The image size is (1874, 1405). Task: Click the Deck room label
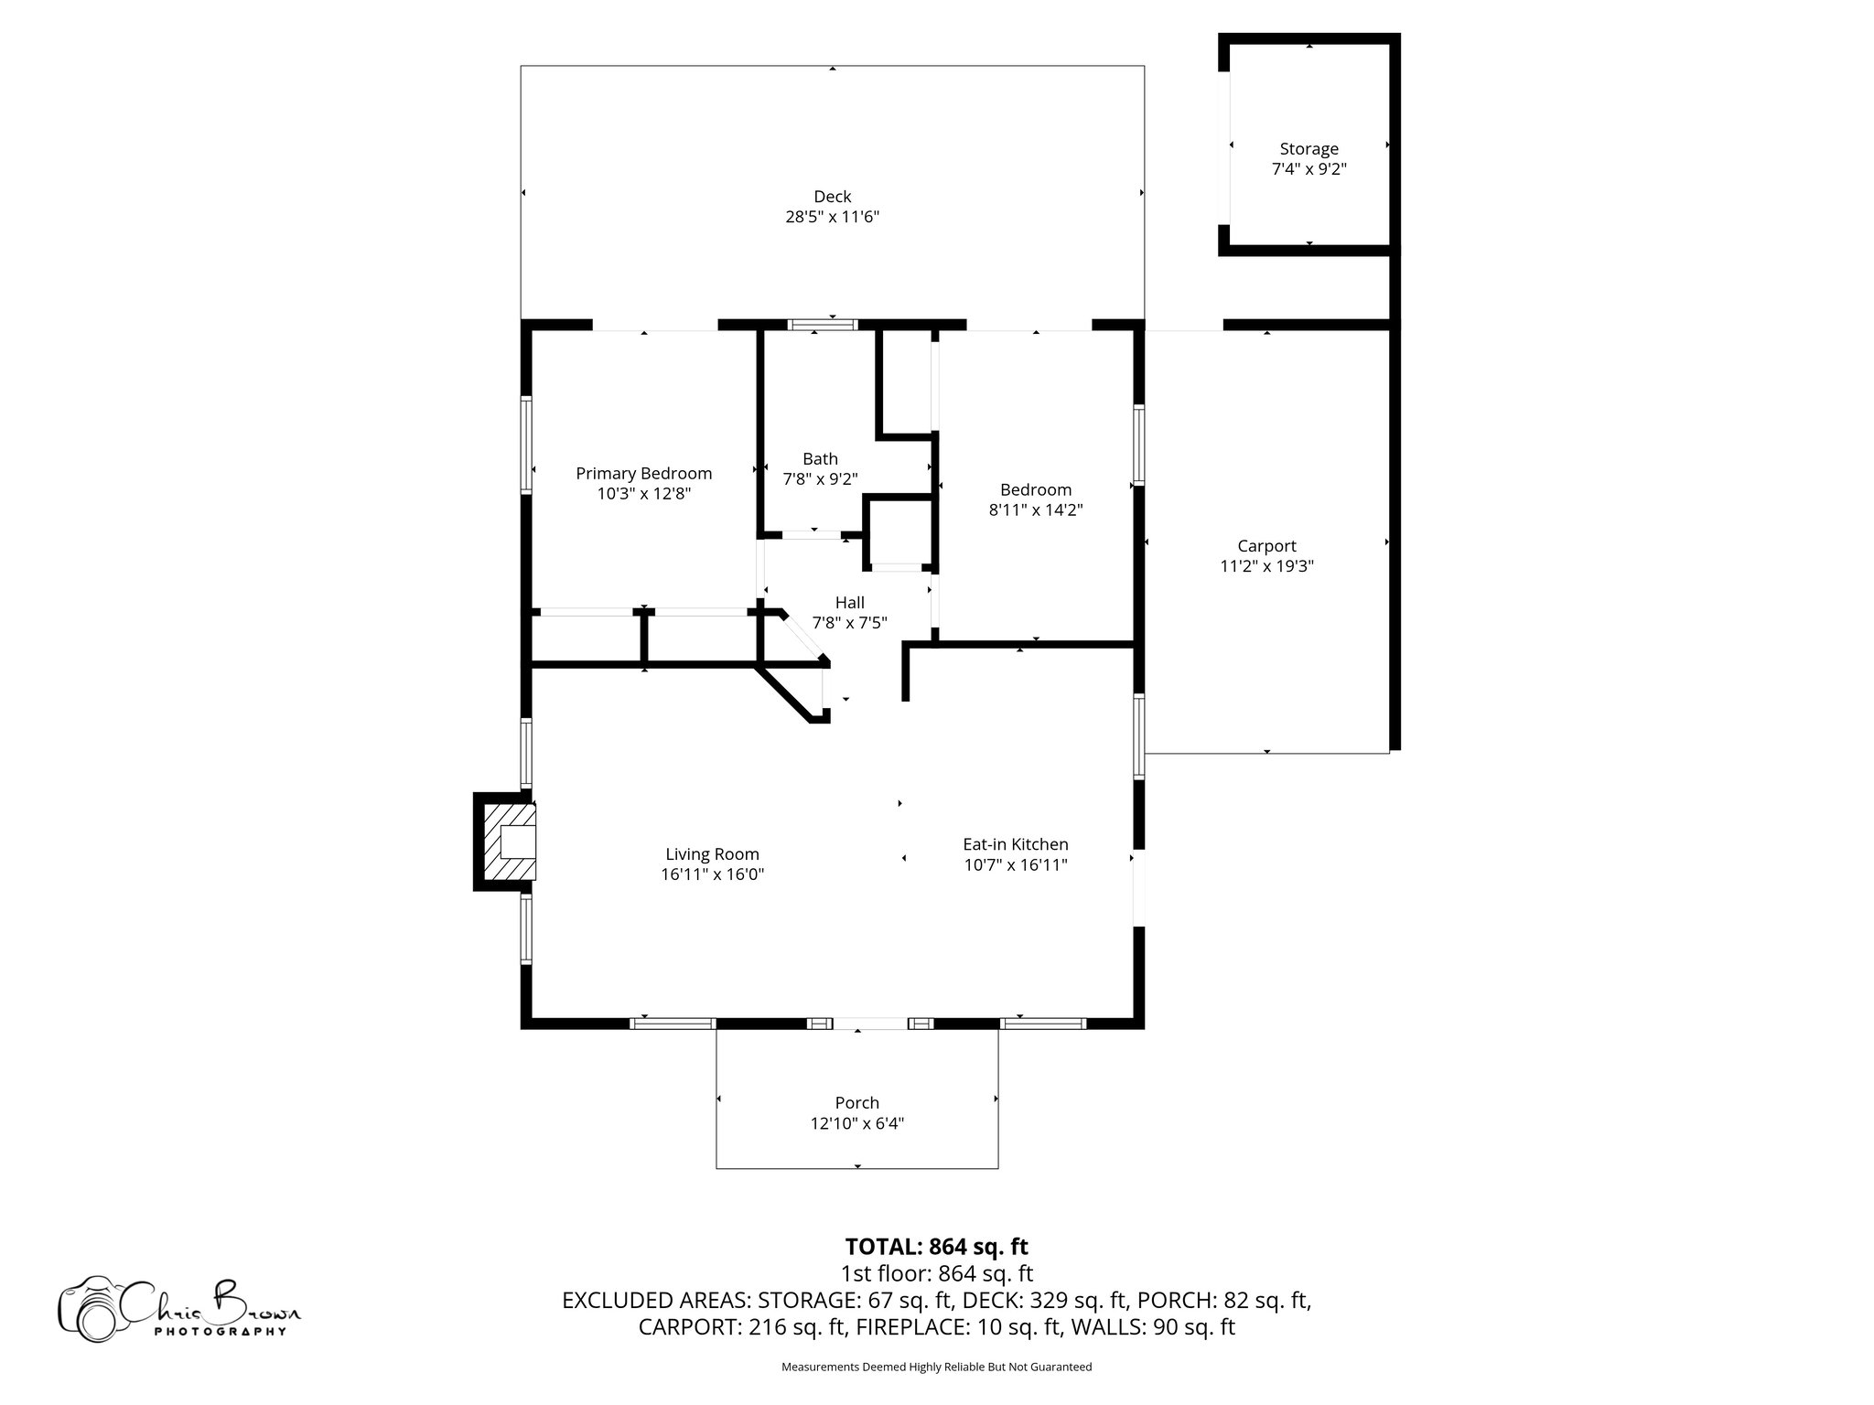[x=832, y=197]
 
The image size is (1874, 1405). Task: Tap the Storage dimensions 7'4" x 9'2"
[x=1309, y=169]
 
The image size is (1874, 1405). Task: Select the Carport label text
[x=1266, y=546]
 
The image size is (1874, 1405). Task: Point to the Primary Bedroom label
[x=643, y=473]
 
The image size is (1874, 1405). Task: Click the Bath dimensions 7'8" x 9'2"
[x=820, y=478]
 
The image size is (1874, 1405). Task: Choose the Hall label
[x=849, y=603]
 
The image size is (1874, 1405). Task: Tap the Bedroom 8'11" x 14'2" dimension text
[x=1035, y=510]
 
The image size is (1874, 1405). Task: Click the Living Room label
[x=712, y=854]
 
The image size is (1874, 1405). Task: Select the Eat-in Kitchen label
[x=1015, y=844]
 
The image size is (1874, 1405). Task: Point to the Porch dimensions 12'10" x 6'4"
[x=856, y=1123]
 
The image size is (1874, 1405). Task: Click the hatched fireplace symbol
[x=506, y=842]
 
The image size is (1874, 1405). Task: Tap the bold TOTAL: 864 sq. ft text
[x=936, y=1247]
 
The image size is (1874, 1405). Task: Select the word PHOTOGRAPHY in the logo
[x=220, y=1332]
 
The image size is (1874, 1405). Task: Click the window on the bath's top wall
[x=823, y=324]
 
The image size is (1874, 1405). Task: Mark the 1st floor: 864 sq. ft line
[x=936, y=1273]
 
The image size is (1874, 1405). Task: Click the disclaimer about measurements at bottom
[x=936, y=1367]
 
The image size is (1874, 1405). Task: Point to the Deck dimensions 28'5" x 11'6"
[x=832, y=218]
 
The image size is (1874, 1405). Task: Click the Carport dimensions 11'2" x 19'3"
[x=1266, y=566]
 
